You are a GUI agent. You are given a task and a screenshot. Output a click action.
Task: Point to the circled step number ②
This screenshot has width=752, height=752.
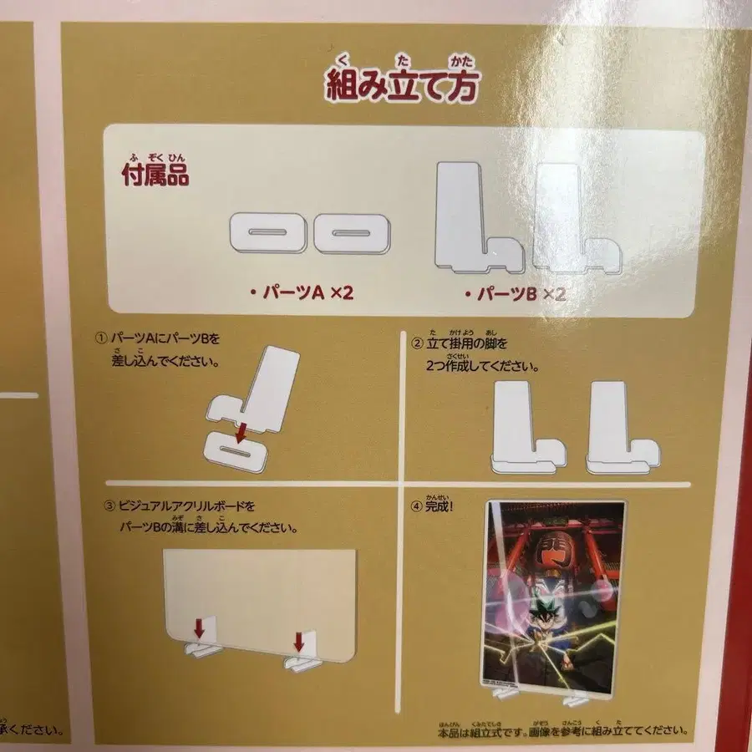(x=418, y=343)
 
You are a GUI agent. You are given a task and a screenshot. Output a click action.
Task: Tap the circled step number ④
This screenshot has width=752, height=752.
(x=418, y=506)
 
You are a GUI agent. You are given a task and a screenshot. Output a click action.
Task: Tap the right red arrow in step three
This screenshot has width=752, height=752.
(x=298, y=642)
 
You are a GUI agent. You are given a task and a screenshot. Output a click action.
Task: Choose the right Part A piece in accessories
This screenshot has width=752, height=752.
(x=351, y=232)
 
